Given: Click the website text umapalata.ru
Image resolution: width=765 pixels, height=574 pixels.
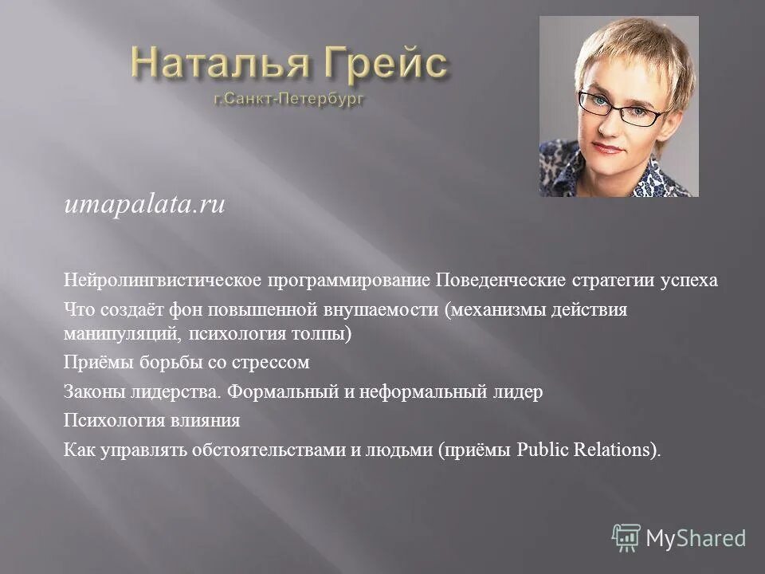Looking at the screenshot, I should tap(145, 206).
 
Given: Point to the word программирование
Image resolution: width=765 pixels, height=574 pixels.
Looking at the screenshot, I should tap(351, 282).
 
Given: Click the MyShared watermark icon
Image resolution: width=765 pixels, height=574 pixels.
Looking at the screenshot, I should tap(626, 538).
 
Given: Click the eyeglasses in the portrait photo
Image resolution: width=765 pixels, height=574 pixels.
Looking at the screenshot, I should tap(622, 110).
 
